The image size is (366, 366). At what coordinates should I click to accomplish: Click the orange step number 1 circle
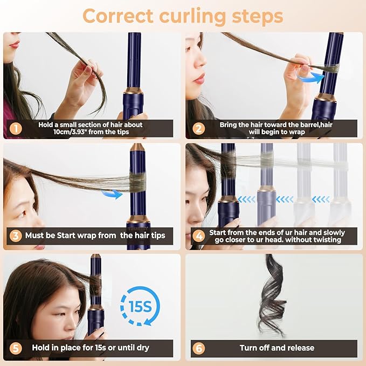pos(16,129)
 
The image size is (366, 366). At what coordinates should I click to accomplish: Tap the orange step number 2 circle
pos(198,129)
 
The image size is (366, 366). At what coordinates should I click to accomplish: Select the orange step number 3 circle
pos(16,236)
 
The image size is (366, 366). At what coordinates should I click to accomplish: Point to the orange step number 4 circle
pos(198,236)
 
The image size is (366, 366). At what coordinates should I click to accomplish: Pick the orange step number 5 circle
pos(16,348)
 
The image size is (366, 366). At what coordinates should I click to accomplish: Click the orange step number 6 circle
pos(198,348)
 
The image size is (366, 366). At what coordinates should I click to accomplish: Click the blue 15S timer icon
pos(140,306)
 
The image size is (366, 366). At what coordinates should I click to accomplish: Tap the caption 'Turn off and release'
pos(277,348)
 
